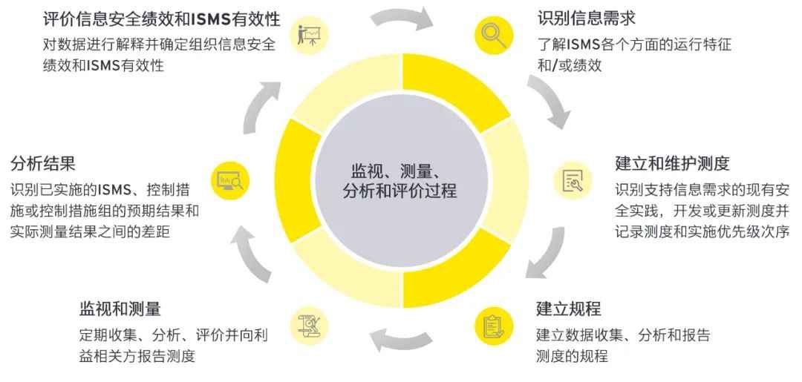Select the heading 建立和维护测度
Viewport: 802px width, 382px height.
tap(672, 162)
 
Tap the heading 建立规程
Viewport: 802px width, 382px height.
tap(568, 309)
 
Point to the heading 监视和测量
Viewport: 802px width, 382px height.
tap(120, 308)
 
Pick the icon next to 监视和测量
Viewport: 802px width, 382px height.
tap(308, 325)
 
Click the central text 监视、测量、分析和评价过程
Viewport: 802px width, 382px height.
tap(400, 180)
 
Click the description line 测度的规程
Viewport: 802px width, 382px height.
tap(571, 356)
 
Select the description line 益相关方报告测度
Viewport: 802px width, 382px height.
tap(137, 356)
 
